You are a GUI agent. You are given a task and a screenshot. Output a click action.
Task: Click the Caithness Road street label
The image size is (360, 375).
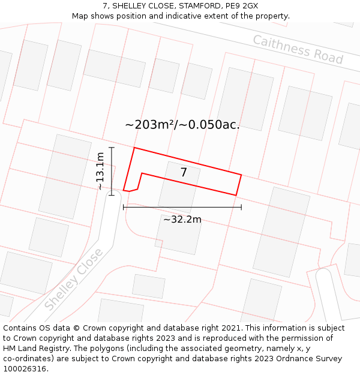[298, 49]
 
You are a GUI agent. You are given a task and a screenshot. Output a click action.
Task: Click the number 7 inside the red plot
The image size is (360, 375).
[184, 173]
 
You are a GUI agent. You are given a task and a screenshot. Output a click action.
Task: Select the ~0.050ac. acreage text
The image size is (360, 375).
[214, 125]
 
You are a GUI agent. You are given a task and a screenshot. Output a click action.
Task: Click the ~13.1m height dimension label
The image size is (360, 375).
[100, 171]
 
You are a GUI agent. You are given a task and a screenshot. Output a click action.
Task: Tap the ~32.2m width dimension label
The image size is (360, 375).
[182, 219]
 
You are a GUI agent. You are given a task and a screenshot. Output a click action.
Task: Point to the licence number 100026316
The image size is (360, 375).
[25, 368]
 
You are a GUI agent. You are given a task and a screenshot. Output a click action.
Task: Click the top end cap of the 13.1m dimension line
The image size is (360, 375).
[112, 147]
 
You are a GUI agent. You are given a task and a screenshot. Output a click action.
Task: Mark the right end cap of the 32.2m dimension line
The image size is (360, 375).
[241, 207]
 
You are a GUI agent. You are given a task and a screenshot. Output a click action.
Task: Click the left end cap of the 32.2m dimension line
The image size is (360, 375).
[123, 207]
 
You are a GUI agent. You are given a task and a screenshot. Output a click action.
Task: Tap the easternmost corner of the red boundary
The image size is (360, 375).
[241, 175]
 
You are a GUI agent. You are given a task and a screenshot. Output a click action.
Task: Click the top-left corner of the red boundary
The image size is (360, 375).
[134, 148]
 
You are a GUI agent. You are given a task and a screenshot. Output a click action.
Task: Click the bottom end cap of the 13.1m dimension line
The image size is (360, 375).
[112, 195]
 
